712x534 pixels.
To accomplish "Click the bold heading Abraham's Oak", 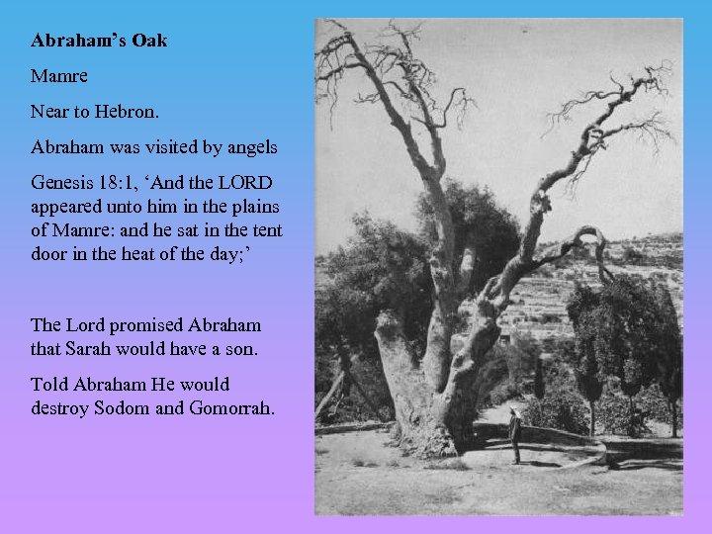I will point(99,42).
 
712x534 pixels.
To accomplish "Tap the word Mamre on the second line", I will point(59,76).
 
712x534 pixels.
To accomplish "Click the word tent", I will point(268,230).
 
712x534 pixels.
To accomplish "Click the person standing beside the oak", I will point(515,436).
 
